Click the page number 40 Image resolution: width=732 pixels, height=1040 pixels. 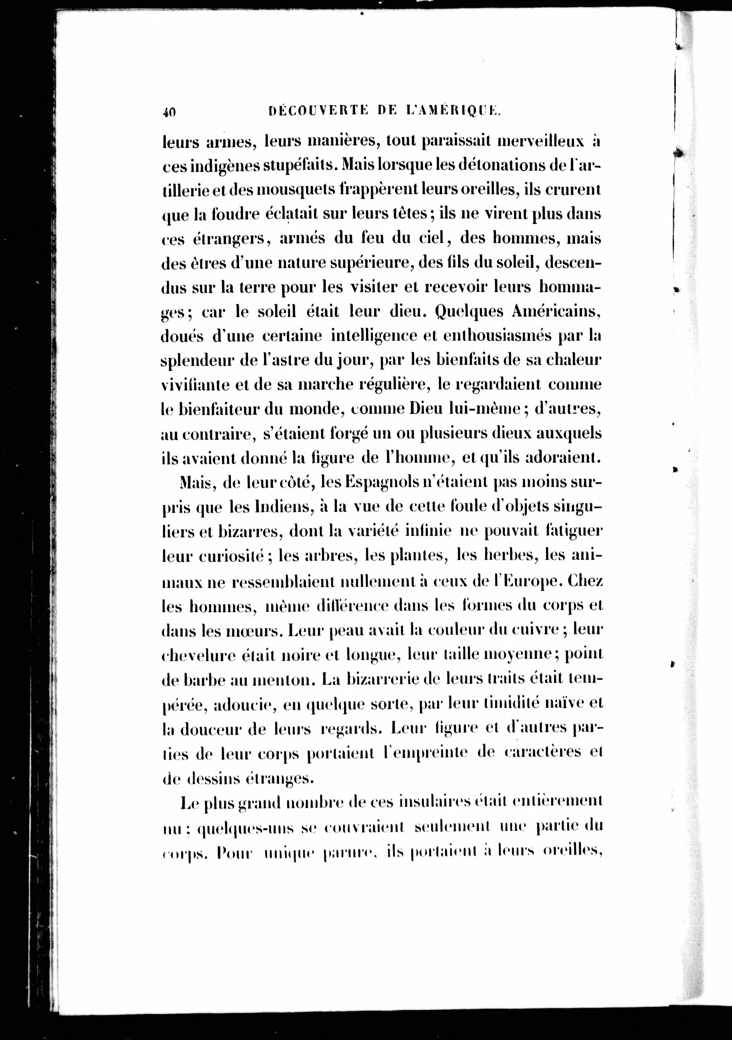click(x=170, y=111)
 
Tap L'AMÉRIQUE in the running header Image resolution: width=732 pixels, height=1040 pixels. click(x=453, y=111)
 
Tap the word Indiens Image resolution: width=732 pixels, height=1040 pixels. click(x=272, y=507)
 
